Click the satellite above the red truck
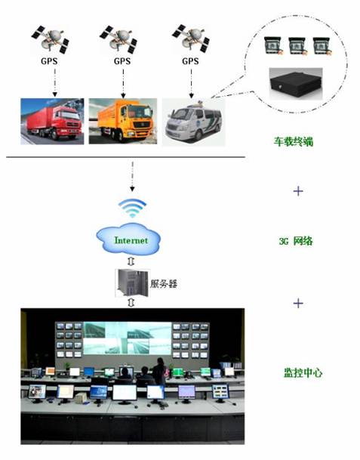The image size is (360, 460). [50, 39]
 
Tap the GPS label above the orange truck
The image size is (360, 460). [122, 61]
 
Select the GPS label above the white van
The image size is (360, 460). [190, 61]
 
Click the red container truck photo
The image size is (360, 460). [52, 122]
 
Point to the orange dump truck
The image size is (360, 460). [123, 122]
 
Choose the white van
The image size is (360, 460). [193, 122]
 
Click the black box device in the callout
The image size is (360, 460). [296, 84]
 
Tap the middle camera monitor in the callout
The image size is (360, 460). [297, 45]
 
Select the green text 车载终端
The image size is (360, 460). [294, 142]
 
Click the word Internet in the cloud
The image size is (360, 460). [131, 240]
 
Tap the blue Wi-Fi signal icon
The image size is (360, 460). [132, 208]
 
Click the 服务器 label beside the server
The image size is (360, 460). [164, 283]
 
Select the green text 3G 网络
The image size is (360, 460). [296, 241]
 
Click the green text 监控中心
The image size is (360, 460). [303, 372]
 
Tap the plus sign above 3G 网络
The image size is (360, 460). [298, 191]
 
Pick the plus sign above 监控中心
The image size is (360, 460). [298, 303]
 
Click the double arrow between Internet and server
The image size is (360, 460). [131, 261]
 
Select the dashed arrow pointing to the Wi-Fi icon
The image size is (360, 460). [132, 177]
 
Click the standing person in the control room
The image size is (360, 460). [159, 371]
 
